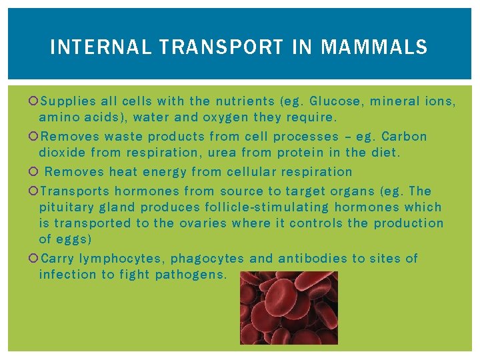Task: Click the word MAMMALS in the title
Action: [374, 47]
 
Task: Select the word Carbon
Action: [404, 137]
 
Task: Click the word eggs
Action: [75, 239]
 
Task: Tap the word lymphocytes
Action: [121, 259]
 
